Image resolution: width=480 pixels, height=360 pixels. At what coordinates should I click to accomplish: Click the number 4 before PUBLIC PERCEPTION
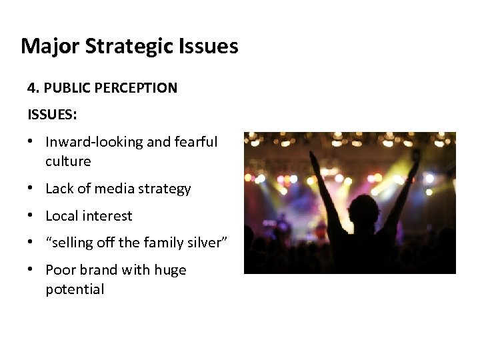click(x=31, y=88)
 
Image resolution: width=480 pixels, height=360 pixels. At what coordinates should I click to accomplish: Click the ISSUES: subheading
click(x=52, y=115)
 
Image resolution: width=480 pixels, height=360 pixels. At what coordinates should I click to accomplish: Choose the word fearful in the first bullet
click(x=196, y=142)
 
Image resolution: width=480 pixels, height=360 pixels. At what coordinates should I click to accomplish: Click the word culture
click(x=68, y=161)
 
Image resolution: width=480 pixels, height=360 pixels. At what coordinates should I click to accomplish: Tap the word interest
click(x=108, y=216)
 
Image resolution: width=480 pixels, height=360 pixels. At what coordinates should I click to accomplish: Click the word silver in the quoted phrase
click(x=205, y=243)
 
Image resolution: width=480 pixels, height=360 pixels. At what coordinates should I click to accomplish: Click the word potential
click(x=75, y=289)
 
